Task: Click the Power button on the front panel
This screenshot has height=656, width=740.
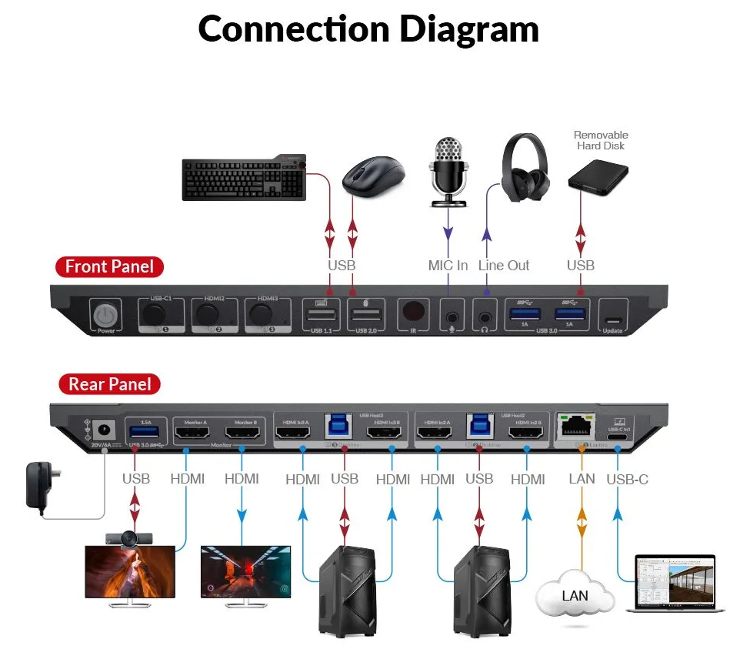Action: click(105, 316)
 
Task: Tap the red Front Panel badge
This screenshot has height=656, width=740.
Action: click(109, 267)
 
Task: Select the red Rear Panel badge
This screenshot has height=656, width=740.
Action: click(110, 384)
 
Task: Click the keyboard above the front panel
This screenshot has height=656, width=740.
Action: click(245, 179)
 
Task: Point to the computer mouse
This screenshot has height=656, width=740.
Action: click(373, 176)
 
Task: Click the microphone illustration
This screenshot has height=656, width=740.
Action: click(448, 171)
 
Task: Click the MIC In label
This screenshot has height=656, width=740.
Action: click(448, 266)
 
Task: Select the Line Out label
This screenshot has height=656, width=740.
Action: click(504, 266)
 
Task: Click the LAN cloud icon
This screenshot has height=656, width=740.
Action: click(575, 595)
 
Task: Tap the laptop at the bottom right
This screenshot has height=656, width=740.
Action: click(675, 583)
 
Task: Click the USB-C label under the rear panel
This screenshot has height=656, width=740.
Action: click(627, 480)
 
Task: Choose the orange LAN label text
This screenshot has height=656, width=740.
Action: click(582, 479)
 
